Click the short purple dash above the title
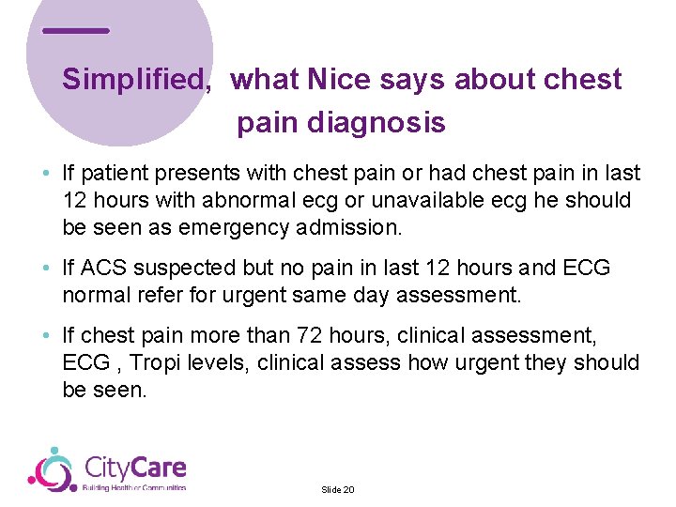[x=76, y=31]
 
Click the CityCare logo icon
[x=52, y=469]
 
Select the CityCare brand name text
[x=135, y=467]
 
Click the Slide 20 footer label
[x=337, y=489]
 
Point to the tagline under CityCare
[x=134, y=487]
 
